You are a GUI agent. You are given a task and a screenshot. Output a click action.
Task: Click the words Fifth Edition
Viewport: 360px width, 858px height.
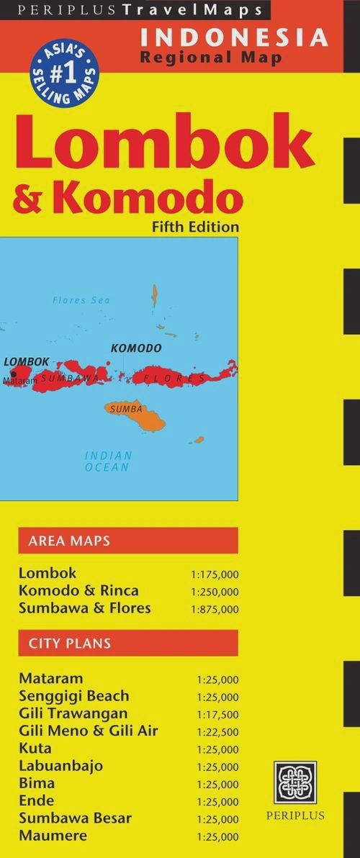click(195, 227)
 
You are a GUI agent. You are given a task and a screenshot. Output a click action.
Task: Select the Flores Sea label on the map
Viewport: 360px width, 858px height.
click(81, 300)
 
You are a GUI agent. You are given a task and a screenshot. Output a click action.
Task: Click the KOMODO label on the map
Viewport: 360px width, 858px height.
click(136, 348)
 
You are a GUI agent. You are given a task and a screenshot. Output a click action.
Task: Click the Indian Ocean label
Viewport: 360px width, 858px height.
click(108, 461)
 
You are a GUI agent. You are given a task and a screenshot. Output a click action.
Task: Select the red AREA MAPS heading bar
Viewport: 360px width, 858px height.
click(127, 541)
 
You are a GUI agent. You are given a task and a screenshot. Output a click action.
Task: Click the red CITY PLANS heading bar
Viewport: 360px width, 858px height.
click(127, 643)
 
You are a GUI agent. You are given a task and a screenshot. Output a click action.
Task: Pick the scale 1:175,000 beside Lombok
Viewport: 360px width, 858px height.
click(215, 575)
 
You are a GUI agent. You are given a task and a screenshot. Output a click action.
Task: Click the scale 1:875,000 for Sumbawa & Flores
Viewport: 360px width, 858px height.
click(215, 610)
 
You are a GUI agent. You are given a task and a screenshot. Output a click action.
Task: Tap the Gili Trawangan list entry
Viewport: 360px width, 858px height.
click(73, 713)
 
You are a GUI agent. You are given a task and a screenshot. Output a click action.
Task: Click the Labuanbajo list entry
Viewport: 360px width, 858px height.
click(61, 766)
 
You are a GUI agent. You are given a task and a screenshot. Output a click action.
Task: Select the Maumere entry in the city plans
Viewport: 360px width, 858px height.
click(53, 835)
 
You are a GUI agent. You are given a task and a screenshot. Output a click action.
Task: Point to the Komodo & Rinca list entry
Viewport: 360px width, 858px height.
click(79, 591)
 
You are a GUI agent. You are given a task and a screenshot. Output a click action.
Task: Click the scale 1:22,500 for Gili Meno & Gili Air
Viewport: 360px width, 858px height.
click(217, 732)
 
